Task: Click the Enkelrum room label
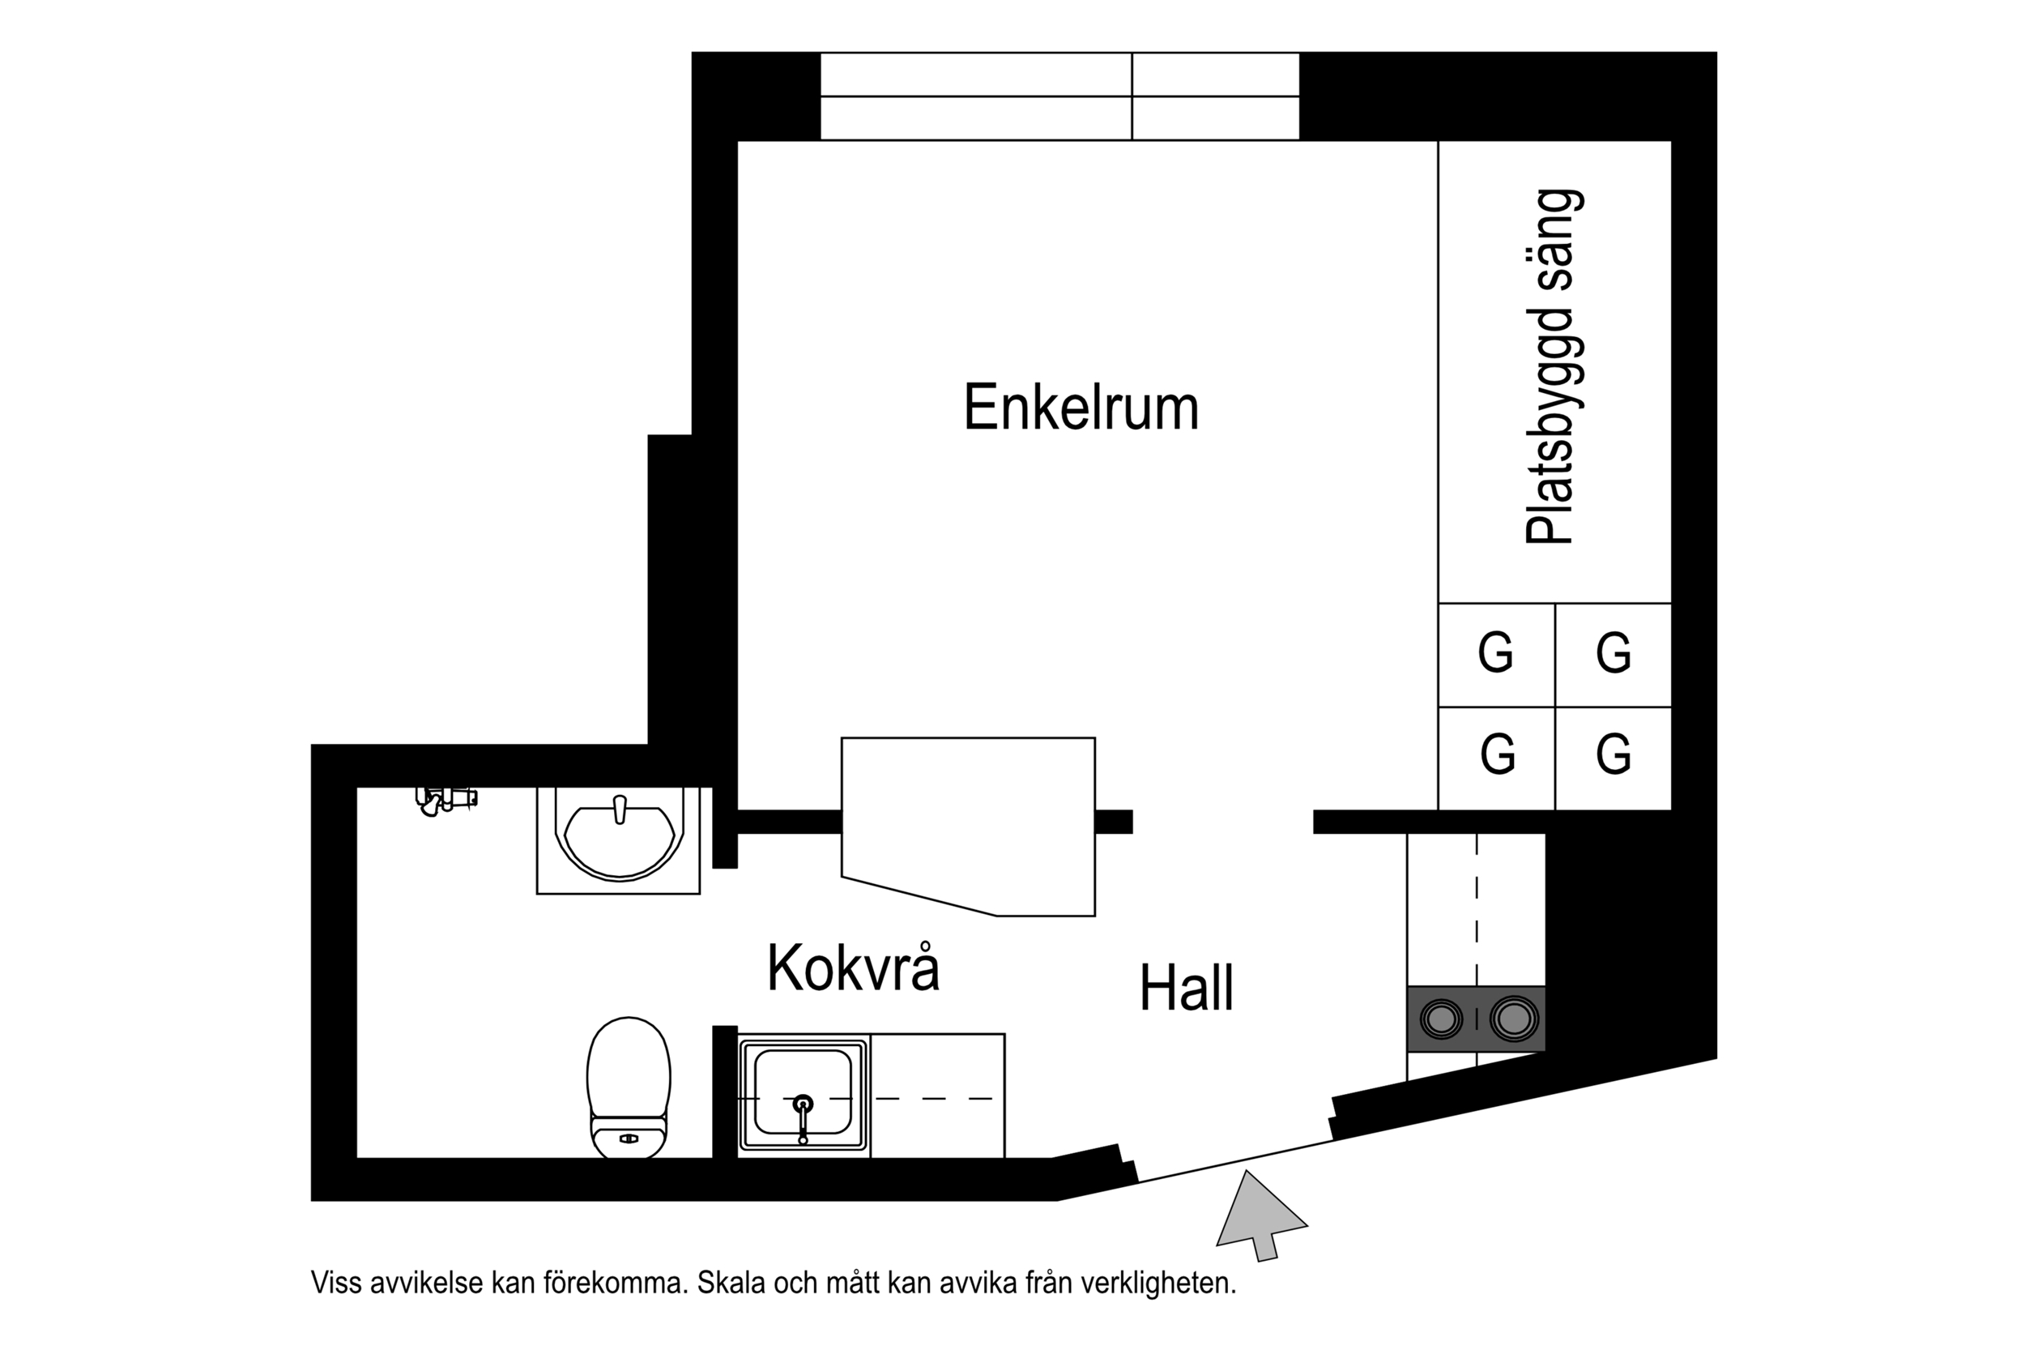point(1080,408)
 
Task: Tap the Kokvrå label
point(852,968)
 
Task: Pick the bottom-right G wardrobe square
point(1612,755)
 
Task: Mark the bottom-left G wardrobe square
point(1496,755)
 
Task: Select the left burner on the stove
point(1441,1019)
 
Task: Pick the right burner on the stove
point(1514,1019)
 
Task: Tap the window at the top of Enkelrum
point(1059,96)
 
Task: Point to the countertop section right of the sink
point(936,1096)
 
